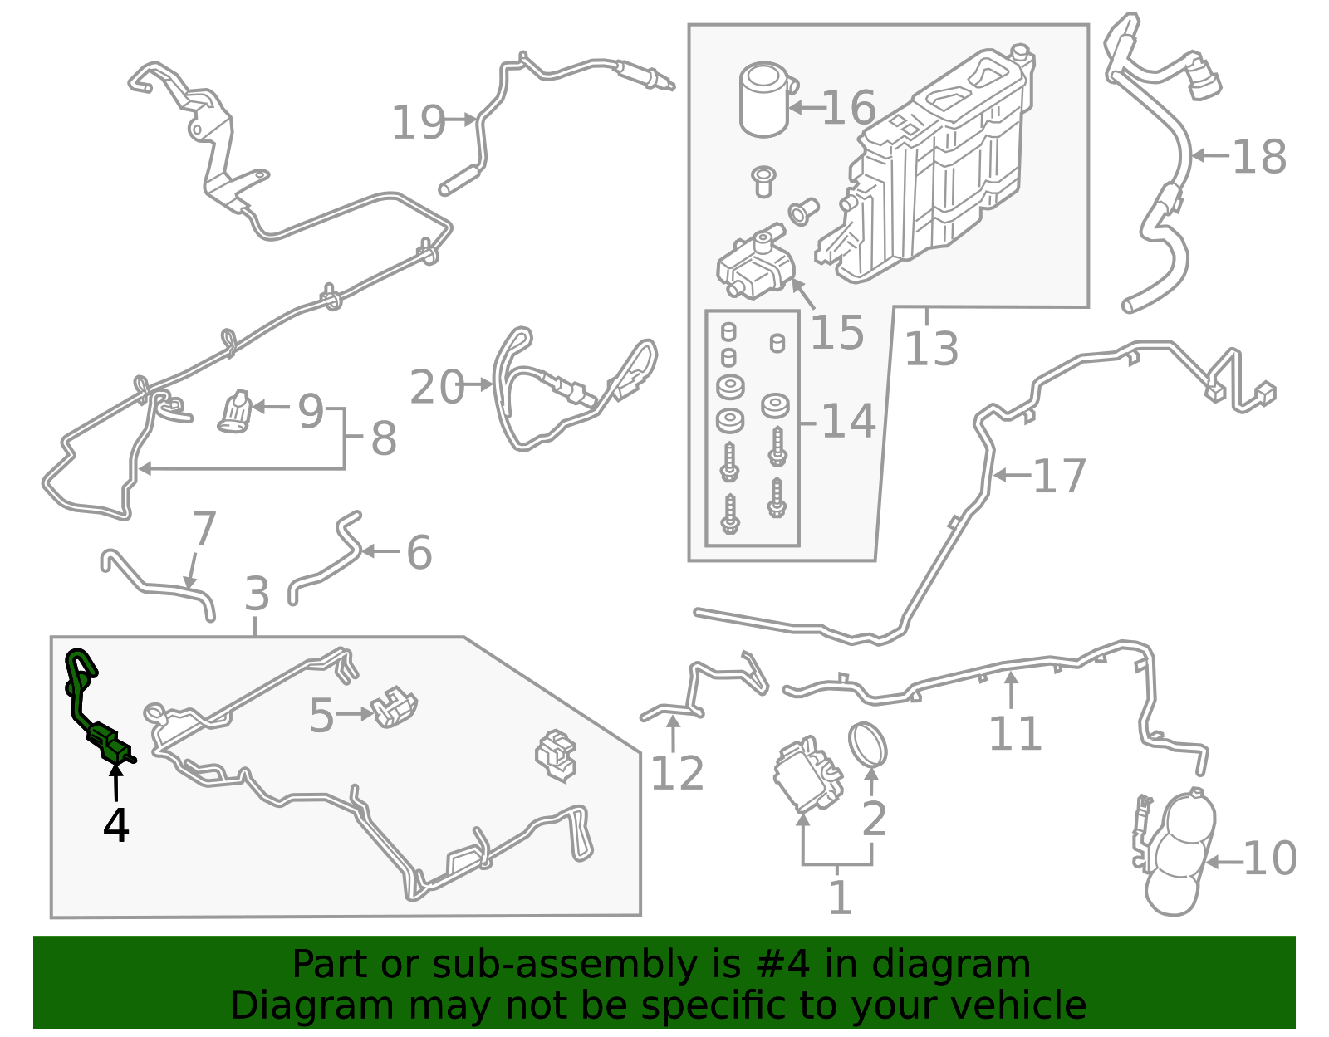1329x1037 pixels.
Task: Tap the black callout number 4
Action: tap(116, 826)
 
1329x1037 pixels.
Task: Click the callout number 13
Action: tap(930, 349)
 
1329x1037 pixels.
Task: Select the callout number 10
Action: tap(1270, 858)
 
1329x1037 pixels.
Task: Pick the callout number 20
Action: tap(437, 387)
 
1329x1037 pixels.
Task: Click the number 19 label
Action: tap(418, 123)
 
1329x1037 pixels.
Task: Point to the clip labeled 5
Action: tap(394, 707)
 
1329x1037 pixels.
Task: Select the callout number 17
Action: tap(1059, 477)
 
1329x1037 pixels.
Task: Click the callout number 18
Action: tap(1259, 157)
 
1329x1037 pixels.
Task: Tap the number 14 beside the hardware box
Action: tap(848, 421)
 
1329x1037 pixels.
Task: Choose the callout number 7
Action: tap(204, 529)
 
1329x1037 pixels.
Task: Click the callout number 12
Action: tap(676, 773)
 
